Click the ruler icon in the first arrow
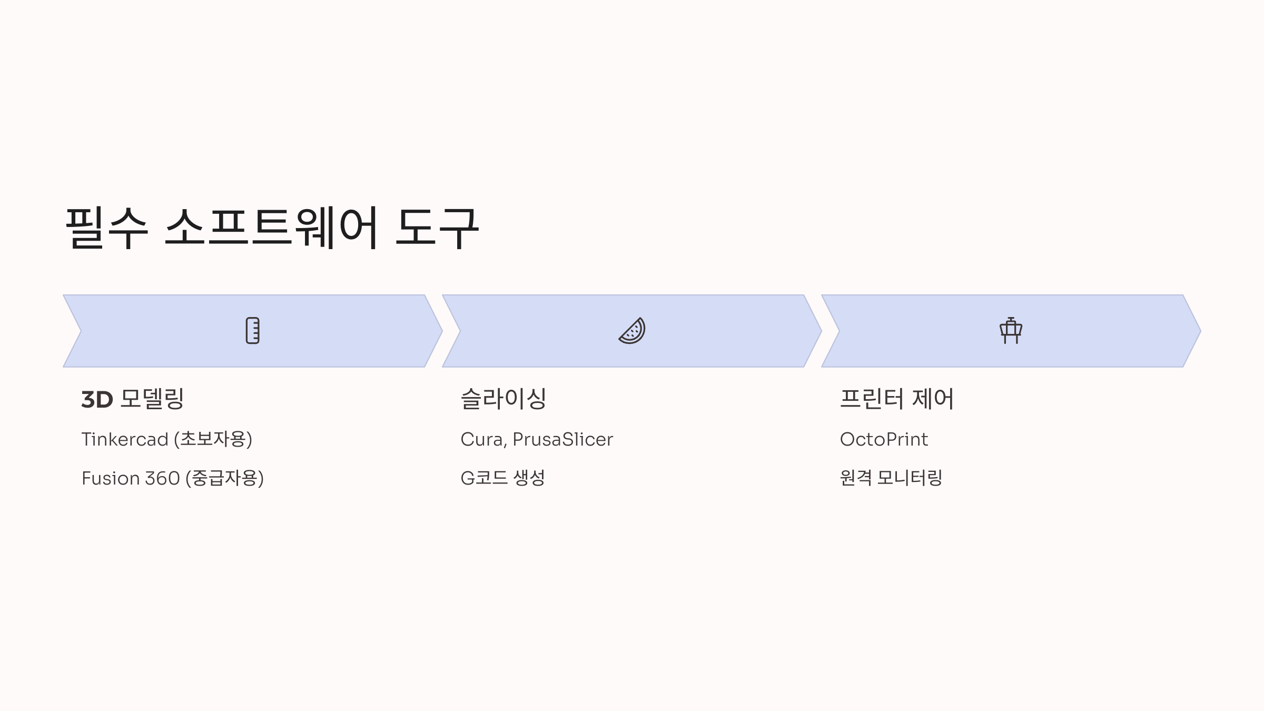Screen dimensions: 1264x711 253,331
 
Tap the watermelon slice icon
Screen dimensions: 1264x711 632,331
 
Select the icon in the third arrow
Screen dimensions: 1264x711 1011,331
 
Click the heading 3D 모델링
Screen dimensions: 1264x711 133,399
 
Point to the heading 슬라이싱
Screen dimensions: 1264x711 503,399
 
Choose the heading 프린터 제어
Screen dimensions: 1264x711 896,399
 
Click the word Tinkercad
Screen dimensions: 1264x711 125,439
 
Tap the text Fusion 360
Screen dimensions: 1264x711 131,478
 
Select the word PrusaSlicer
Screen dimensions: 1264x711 562,439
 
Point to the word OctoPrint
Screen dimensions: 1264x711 884,439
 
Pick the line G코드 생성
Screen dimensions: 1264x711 502,478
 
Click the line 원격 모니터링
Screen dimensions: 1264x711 891,478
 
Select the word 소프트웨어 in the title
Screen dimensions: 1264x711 272,228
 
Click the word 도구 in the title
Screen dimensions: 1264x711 437,228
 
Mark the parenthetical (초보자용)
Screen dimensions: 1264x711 213,439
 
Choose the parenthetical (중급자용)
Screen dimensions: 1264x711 225,478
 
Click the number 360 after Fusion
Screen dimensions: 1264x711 162,478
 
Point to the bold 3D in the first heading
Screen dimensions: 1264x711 97,399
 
